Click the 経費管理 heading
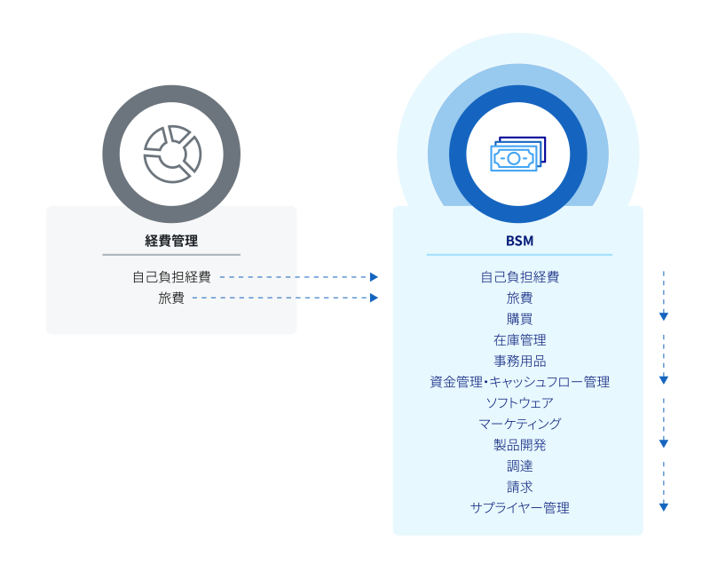click(x=171, y=240)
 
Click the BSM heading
click(x=519, y=240)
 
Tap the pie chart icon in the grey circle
click(x=172, y=153)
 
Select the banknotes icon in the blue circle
click(x=517, y=155)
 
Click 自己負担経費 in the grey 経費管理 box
click(x=171, y=277)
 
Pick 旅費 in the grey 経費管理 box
click(x=171, y=298)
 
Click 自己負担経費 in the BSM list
click(x=519, y=277)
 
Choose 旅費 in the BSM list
click(x=519, y=298)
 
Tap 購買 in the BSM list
click(x=519, y=319)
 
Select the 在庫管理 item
click(x=519, y=340)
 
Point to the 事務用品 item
click(x=519, y=361)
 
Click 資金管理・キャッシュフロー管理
click(x=519, y=382)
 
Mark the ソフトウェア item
click(x=519, y=403)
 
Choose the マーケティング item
click(x=519, y=424)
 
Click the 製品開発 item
click(x=519, y=445)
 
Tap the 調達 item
click(x=519, y=465)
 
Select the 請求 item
click(x=519, y=487)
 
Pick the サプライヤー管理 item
click(x=519, y=508)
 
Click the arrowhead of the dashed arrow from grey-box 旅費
click(x=375, y=298)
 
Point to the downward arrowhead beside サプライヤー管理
click(x=664, y=506)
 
